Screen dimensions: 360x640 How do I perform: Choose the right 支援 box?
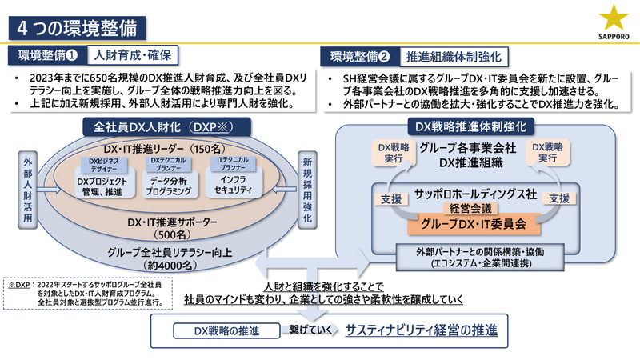(559, 197)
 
